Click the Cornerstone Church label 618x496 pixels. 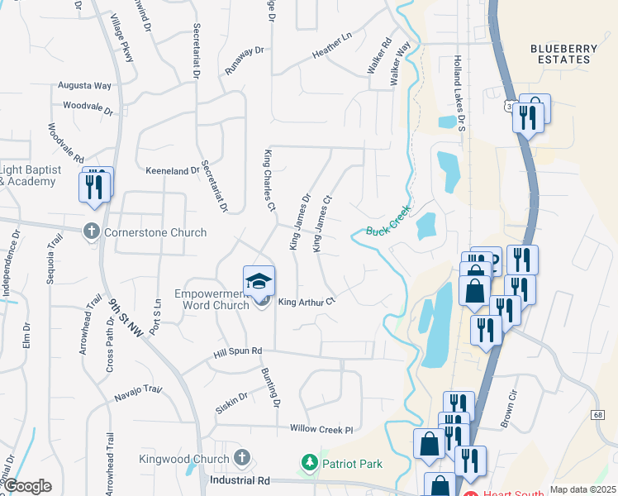pyautogui.click(x=155, y=232)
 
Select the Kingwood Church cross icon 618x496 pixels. pyautogui.click(x=241, y=458)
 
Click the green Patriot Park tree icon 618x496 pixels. pyautogui.click(x=310, y=463)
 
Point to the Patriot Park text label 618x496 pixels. pyautogui.click(x=352, y=464)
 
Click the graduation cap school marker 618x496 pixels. pyautogui.click(x=259, y=280)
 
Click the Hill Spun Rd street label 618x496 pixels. pyautogui.click(x=237, y=351)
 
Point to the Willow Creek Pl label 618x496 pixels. pyautogui.click(x=321, y=429)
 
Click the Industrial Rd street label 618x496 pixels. pyautogui.click(x=240, y=479)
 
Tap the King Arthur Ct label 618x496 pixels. pyautogui.click(x=306, y=302)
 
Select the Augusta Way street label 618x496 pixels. pyautogui.click(x=84, y=85)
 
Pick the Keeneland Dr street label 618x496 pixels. pyautogui.click(x=173, y=171)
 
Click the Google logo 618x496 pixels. pyautogui.click(x=27, y=486)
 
